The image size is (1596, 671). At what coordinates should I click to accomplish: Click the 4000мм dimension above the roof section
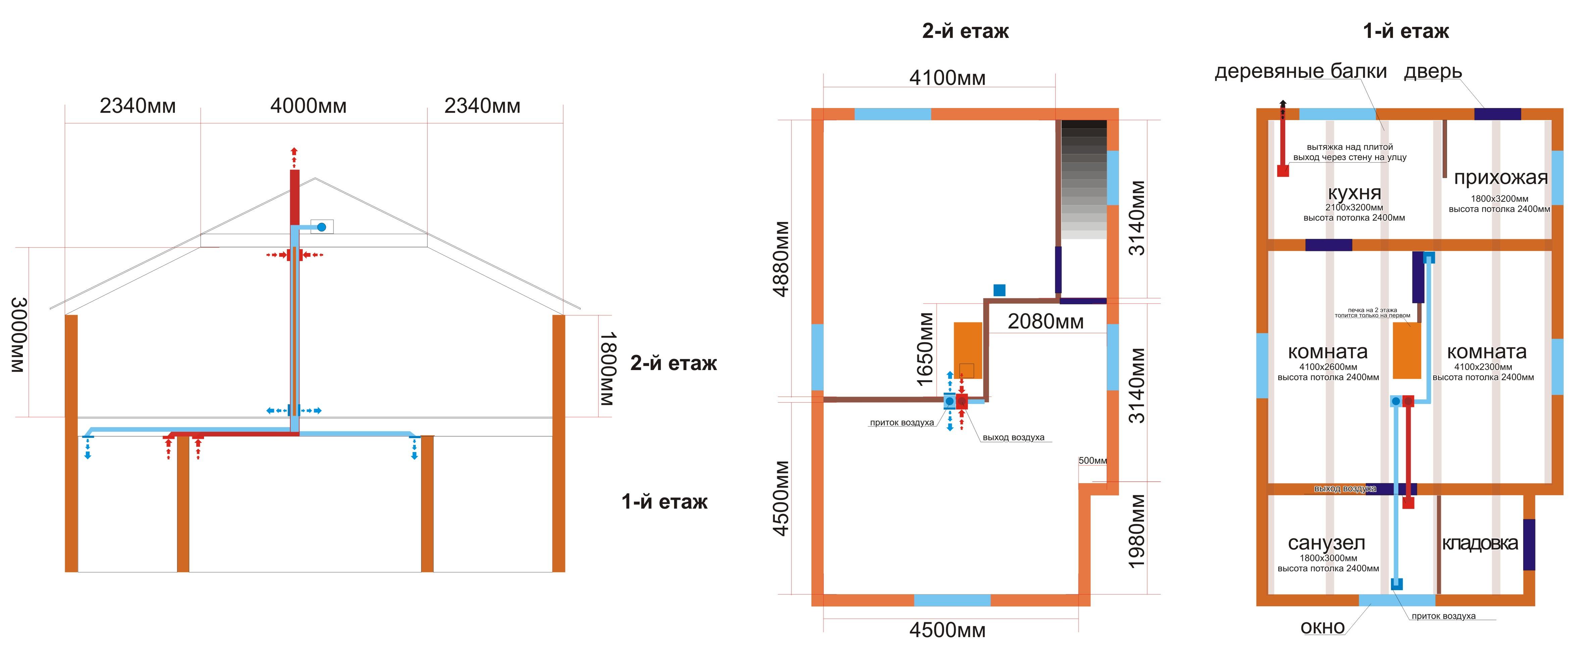click(x=308, y=106)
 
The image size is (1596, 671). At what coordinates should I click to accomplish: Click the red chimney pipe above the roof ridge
click(x=294, y=197)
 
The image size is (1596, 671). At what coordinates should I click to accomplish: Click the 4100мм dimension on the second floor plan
click(x=947, y=78)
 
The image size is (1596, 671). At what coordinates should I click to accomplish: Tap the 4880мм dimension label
click(x=782, y=259)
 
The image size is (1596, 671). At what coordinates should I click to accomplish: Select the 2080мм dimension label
click(x=1046, y=321)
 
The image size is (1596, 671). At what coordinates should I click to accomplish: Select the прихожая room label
click(x=1501, y=178)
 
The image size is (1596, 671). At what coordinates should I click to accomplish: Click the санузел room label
click(x=1326, y=543)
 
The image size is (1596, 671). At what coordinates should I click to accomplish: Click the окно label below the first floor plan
click(x=1323, y=628)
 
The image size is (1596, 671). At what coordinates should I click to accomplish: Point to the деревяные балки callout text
click(x=1301, y=72)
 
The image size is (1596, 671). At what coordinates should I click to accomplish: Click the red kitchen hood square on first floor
click(x=1283, y=170)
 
